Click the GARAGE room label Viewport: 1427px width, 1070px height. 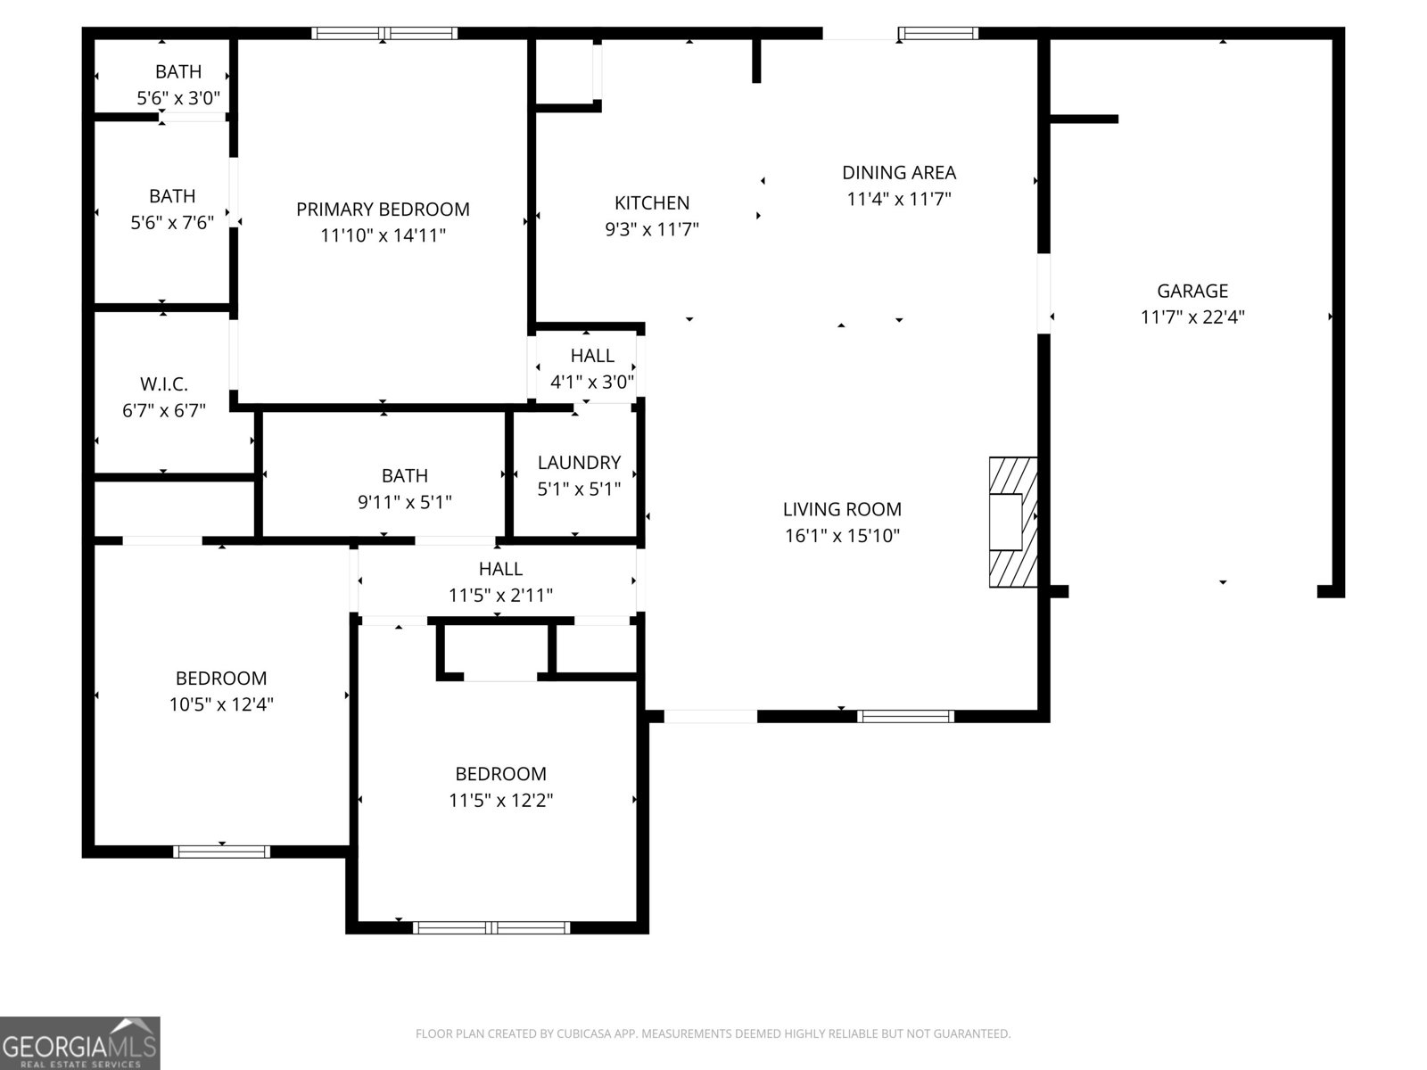pyautogui.click(x=1192, y=291)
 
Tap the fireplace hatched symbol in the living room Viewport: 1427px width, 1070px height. pyautogui.click(x=1013, y=522)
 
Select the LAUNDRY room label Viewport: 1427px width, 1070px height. pyautogui.click(x=579, y=462)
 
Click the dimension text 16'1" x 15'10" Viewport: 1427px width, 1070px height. pyautogui.click(x=842, y=536)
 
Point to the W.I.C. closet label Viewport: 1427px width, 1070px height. pyautogui.click(x=164, y=384)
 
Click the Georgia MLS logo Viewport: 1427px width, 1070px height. pyautogui.click(x=79, y=1042)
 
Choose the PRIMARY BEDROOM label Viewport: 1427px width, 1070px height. pyautogui.click(x=383, y=209)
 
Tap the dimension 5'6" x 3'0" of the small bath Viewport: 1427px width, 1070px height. pyautogui.click(x=178, y=98)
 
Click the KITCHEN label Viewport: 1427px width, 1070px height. pyautogui.click(x=652, y=202)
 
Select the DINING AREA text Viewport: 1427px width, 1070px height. pyautogui.click(x=899, y=172)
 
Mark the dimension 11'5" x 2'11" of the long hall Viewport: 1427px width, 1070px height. pyautogui.click(x=500, y=595)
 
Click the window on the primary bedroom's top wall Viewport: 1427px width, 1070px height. pyautogui.click(x=384, y=34)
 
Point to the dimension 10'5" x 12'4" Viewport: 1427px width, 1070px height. pyautogui.click(x=221, y=704)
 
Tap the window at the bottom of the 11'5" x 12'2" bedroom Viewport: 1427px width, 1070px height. pyautogui.click(x=491, y=927)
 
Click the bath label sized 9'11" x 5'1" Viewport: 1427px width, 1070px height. pyautogui.click(x=405, y=475)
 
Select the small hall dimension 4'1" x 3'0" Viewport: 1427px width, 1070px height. pyautogui.click(x=592, y=383)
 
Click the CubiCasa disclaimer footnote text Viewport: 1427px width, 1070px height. pyautogui.click(x=713, y=1033)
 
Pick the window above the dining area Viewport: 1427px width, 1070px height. pyautogui.click(x=937, y=34)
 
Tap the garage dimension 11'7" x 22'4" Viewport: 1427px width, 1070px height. pyautogui.click(x=1192, y=317)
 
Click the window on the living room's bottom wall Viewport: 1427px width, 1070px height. pyautogui.click(x=905, y=716)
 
